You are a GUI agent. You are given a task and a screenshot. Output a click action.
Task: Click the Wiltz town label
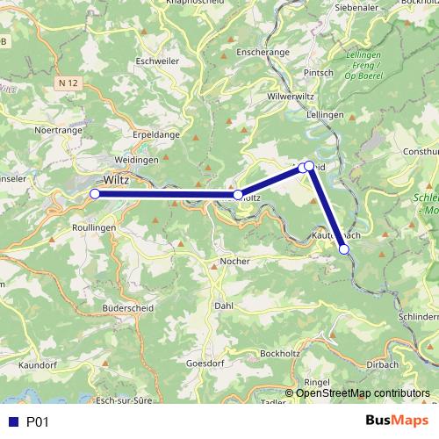coord(117,180)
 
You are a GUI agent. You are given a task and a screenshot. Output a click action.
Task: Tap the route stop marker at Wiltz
coord(95,193)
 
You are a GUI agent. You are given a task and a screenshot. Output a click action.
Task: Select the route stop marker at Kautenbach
coord(344,250)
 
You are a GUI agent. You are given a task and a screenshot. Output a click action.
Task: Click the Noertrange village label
coord(58,130)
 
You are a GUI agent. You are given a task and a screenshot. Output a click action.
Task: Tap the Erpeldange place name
coord(155,135)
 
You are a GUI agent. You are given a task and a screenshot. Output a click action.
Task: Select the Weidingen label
coord(136,160)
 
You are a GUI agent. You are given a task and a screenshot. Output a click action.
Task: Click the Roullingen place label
coord(92,227)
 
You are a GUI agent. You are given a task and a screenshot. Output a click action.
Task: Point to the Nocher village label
coord(235,262)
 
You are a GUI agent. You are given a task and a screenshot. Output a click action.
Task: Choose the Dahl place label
coord(224,306)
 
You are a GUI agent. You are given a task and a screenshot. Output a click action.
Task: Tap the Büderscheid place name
coord(127,309)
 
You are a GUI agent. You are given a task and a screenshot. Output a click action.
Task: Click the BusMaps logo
coord(397,421)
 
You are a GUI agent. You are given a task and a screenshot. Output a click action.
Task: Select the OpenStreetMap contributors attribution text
coord(363,392)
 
